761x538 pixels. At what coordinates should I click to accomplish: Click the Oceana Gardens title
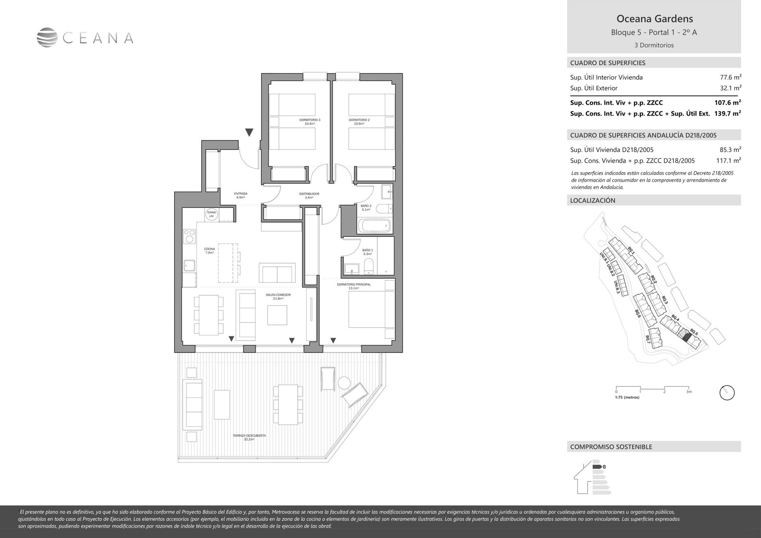pyautogui.click(x=654, y=19)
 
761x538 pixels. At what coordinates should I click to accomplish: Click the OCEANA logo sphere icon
pyautogui.click(x=47, y=38)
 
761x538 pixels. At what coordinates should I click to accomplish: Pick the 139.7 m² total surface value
pyautogui.click(x=728, y=113)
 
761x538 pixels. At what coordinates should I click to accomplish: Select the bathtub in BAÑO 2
pyautogui.click(x=374, y=225)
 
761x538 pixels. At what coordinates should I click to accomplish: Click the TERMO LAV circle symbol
pyautogui.click(x=212, y=215)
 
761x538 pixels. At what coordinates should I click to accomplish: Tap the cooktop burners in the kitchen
pyautogui.click(x=189, y=236)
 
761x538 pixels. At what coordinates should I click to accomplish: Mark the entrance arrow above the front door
pyautogui.click(x=250, y=132)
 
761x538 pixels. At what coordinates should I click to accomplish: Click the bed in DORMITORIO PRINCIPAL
pyautogui.click(x=371, y=310)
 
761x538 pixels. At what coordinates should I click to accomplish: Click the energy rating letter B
pyautogui.click(x=604, y=467)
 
